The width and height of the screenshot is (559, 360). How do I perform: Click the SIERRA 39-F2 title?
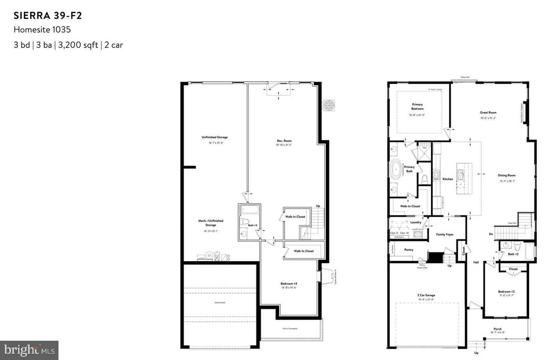48,16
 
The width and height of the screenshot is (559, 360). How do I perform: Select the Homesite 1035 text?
42,29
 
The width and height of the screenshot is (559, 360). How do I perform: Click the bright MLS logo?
29,350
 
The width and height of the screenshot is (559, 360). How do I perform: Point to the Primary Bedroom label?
417,107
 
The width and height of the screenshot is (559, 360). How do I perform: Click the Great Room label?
488,112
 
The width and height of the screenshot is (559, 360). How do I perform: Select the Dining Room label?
507,175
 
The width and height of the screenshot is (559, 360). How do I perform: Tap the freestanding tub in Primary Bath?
396,170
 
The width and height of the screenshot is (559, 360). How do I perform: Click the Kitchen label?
448,179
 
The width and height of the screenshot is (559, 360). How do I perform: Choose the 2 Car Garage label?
426,295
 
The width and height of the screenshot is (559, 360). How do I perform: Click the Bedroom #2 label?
506,292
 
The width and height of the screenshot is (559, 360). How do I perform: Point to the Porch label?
497,329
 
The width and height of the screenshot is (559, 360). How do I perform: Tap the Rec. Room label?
284,141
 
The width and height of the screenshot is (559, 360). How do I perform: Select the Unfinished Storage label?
214,137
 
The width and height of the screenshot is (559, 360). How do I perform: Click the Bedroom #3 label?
289,284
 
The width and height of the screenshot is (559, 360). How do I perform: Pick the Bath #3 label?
252,225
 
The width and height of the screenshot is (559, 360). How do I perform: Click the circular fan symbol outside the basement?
329,106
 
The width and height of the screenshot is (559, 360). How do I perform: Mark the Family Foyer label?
444,234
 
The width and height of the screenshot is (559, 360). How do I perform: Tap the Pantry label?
409,250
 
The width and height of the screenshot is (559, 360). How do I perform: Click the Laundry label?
415,222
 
